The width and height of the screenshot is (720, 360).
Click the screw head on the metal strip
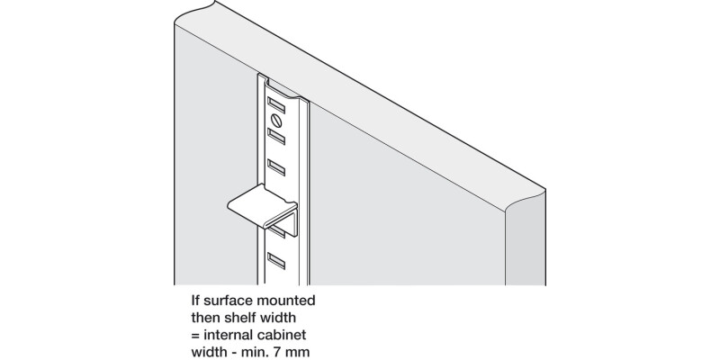point(275,119)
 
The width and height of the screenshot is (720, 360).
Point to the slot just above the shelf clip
point(275,167)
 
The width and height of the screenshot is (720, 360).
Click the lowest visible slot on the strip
point(275,262)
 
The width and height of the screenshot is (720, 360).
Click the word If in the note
point(195,299)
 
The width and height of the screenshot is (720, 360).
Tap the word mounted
point(284,299)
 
